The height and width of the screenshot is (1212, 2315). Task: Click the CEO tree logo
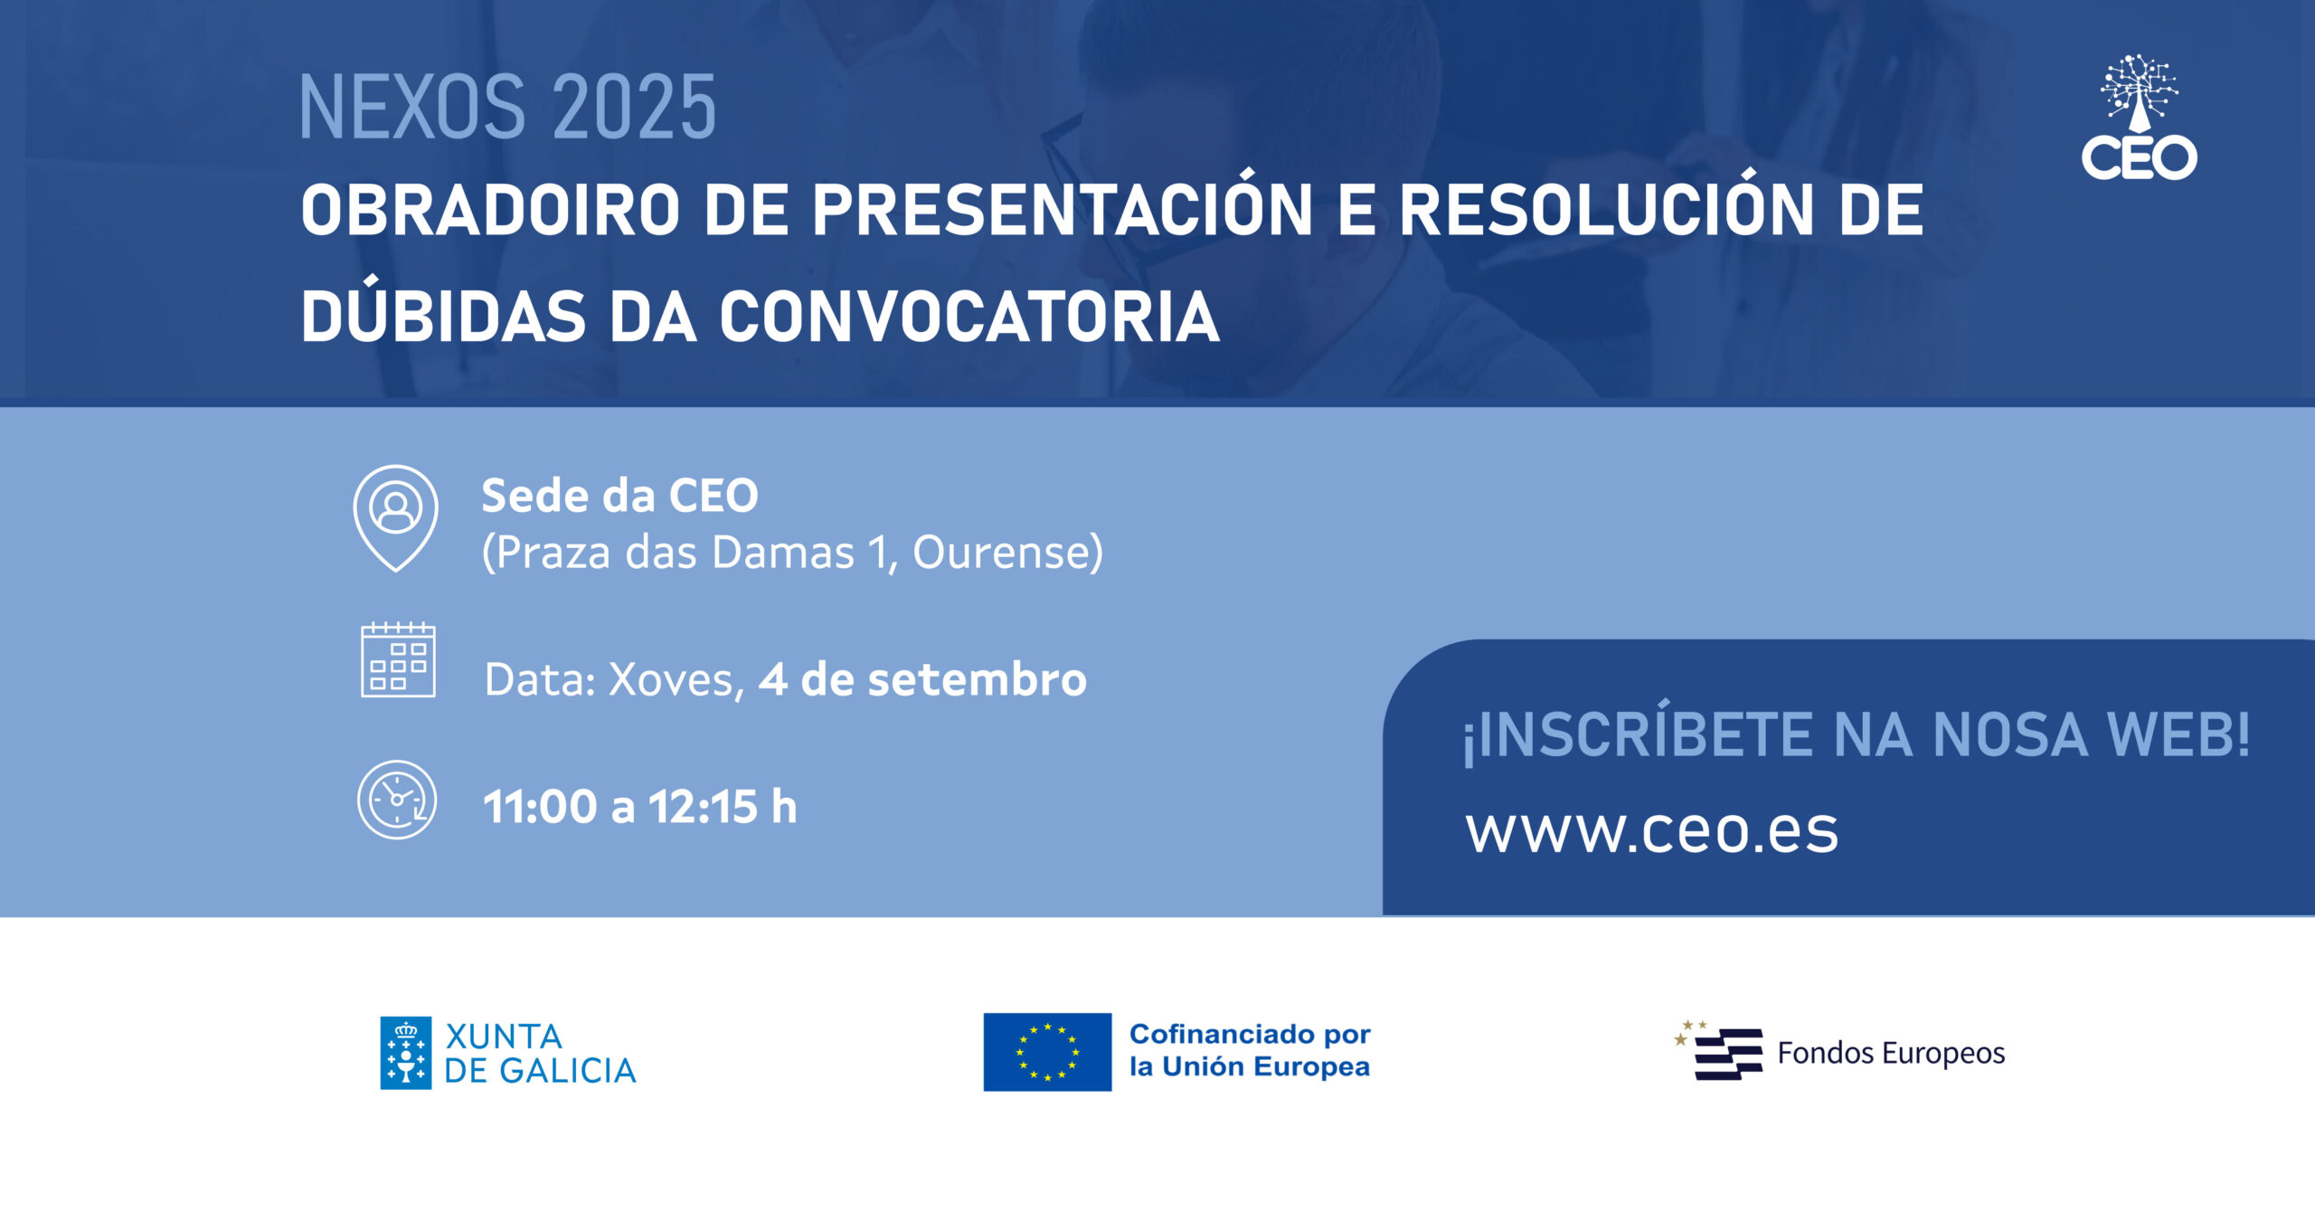point(2140,117)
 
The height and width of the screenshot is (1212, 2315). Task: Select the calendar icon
point(398,659)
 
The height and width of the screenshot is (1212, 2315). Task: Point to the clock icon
point(397,800)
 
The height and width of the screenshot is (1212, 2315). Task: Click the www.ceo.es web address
point(1652,830)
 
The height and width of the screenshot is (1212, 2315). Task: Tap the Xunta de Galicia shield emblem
point(405,1053)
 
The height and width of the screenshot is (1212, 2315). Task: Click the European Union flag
point(1047,1052)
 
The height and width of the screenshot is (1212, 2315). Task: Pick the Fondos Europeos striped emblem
point(1719,1051)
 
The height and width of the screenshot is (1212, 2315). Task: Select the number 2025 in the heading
point(634,108)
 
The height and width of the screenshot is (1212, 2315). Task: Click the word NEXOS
point(412,108)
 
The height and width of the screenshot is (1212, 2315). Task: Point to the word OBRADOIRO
point(490,210)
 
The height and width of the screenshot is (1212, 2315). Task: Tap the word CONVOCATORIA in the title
point(969,317)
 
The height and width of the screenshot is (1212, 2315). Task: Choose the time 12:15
point(703,806)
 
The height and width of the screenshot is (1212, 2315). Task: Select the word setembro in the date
point(977,679)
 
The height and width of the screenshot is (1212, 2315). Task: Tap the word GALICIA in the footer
point(568,1071)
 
